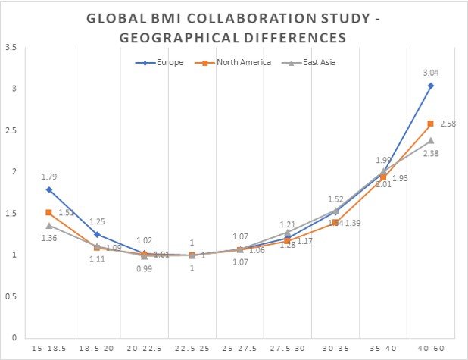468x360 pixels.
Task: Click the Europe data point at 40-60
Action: (x=431, y=86)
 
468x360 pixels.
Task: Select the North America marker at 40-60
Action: (x=431, y=124)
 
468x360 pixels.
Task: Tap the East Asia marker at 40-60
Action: (x=431, y=140)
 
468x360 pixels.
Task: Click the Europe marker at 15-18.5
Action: (x=48, y=189)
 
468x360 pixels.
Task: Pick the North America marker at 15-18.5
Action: (x=48, y=212)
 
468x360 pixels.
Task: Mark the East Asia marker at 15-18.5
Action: (x=48, y=225)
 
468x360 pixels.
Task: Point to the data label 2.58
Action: (x=448, y=122)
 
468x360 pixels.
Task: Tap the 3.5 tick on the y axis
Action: (x=11, y=48)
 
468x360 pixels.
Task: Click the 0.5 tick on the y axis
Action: (x=11, y=296)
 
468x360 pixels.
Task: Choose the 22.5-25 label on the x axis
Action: (x=192, y=349)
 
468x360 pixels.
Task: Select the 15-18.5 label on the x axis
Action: (x=48, y=349)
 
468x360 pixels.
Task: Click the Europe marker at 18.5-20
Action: (x=96, y=234)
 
